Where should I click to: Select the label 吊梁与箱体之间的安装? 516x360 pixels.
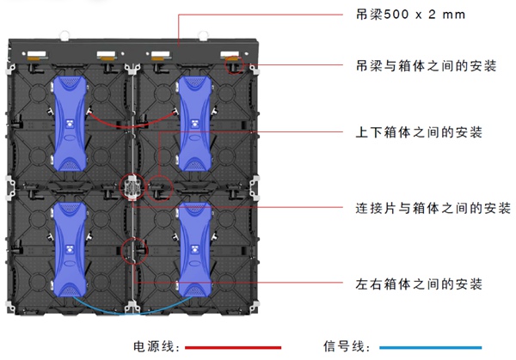click(x=426, y=65)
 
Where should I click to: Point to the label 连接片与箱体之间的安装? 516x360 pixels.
click(x=433, y=208)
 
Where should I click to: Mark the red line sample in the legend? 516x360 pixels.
click(x=233, y=346)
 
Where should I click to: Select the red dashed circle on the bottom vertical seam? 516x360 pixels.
click(x=132, y=250)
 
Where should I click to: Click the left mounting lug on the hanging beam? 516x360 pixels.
click(x=64, y=34)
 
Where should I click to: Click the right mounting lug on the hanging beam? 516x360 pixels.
click(x=204, y=34)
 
